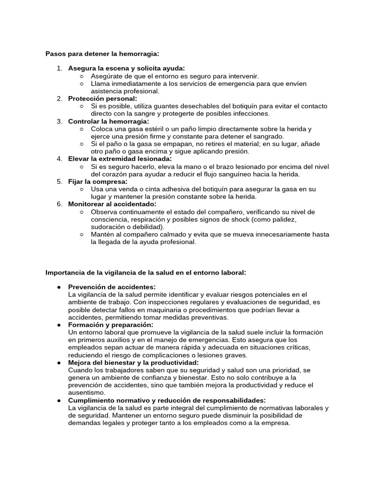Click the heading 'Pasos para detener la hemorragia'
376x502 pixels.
[x=102, y=53]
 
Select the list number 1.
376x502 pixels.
[x=59, y=68]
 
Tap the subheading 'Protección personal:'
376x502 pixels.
[x=102, y=99]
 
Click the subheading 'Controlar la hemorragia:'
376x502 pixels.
[x=108, y=121]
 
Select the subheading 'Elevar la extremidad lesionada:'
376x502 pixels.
[x=120, y=159]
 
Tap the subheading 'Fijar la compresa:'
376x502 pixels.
[x=97, y=181]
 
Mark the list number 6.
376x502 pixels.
[x=59, y=204]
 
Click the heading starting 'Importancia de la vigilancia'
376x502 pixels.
[x=145, y=272]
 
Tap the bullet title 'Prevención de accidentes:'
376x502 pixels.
[x=112, y=287]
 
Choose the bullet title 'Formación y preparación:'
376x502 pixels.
[x=111, y=325]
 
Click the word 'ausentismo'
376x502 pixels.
[x=87, y=393]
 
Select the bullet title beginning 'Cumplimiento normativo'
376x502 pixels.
[x=167, y=400]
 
